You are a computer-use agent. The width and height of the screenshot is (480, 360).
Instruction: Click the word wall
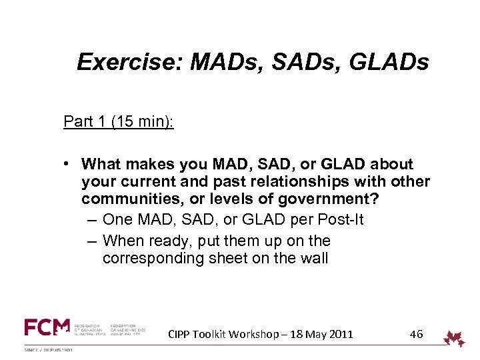pyautogui.click(x=313, y=259)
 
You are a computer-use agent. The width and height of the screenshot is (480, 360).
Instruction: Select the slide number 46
pyautogui.click(x=416, y=334)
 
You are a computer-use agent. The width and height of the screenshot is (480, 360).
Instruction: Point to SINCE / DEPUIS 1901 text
pyautogui.click(x=49, y=350)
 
